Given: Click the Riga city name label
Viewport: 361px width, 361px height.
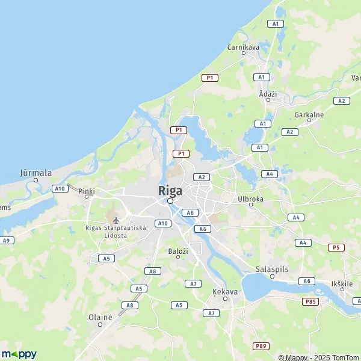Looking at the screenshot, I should (170, 190).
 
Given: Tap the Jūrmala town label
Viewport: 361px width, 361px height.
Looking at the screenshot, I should (36, 172).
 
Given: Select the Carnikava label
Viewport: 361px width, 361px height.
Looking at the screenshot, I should (244, 46).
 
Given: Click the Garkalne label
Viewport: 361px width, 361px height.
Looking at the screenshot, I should (309, 114).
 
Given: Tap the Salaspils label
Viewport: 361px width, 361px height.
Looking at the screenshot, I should (271, 269).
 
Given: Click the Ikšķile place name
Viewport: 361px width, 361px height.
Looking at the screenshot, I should (342, 283).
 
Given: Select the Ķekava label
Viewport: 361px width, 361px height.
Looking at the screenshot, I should (225, 291).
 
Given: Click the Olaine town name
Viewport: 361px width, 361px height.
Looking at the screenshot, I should (100, 317).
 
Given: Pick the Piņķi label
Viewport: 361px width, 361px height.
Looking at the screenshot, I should (87, 191).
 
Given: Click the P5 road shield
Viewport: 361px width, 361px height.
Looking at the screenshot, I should (336, 247).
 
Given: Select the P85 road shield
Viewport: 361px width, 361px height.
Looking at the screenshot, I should (310, 301).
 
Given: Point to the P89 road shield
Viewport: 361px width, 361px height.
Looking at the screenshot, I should (261, 346).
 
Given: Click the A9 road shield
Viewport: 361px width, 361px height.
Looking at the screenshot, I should (7, 240).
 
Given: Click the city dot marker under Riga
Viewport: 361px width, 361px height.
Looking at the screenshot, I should (170, 202).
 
